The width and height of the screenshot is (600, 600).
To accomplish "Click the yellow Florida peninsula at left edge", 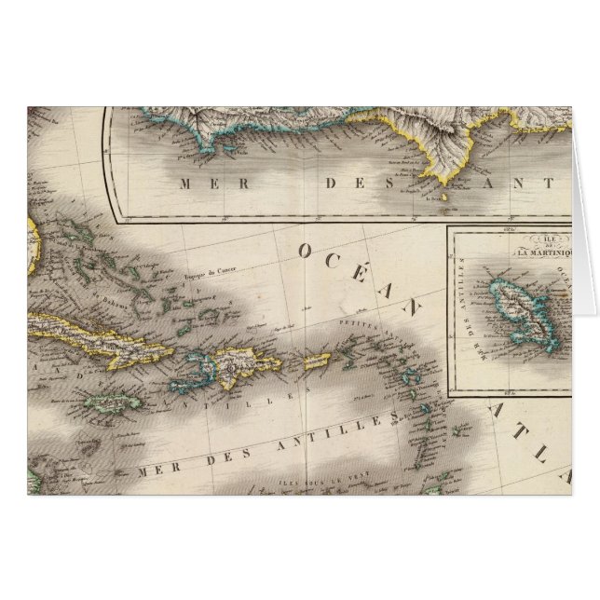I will (x=34, y=246).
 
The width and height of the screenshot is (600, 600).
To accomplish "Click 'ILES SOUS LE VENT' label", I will (x=307, y=484).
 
